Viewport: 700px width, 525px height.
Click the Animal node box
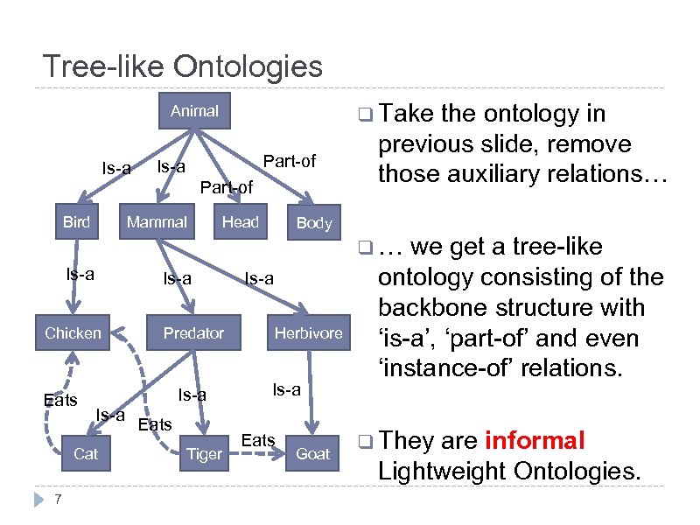pos(194,111)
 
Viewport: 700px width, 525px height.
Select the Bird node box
pos(76,222)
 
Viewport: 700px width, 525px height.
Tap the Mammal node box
pos(157,222)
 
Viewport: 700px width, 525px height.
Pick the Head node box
pos(240,222)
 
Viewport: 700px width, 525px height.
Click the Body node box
pos(314,223)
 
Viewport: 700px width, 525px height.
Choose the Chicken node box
pos(73,332)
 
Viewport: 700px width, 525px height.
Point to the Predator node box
pos(193,332)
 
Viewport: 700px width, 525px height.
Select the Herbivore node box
pos(308,332)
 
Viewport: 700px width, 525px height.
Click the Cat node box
pos(86,453)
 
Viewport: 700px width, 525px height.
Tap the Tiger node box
pos(205,453)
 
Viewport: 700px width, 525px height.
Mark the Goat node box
pos(312,453)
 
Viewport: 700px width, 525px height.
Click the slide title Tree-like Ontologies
pos(183,66)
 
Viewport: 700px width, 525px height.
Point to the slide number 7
pos(57,500)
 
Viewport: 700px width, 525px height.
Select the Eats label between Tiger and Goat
pos(258,440)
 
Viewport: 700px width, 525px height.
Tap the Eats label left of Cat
pos(60,401)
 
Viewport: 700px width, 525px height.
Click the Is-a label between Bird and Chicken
pos(80,275)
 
